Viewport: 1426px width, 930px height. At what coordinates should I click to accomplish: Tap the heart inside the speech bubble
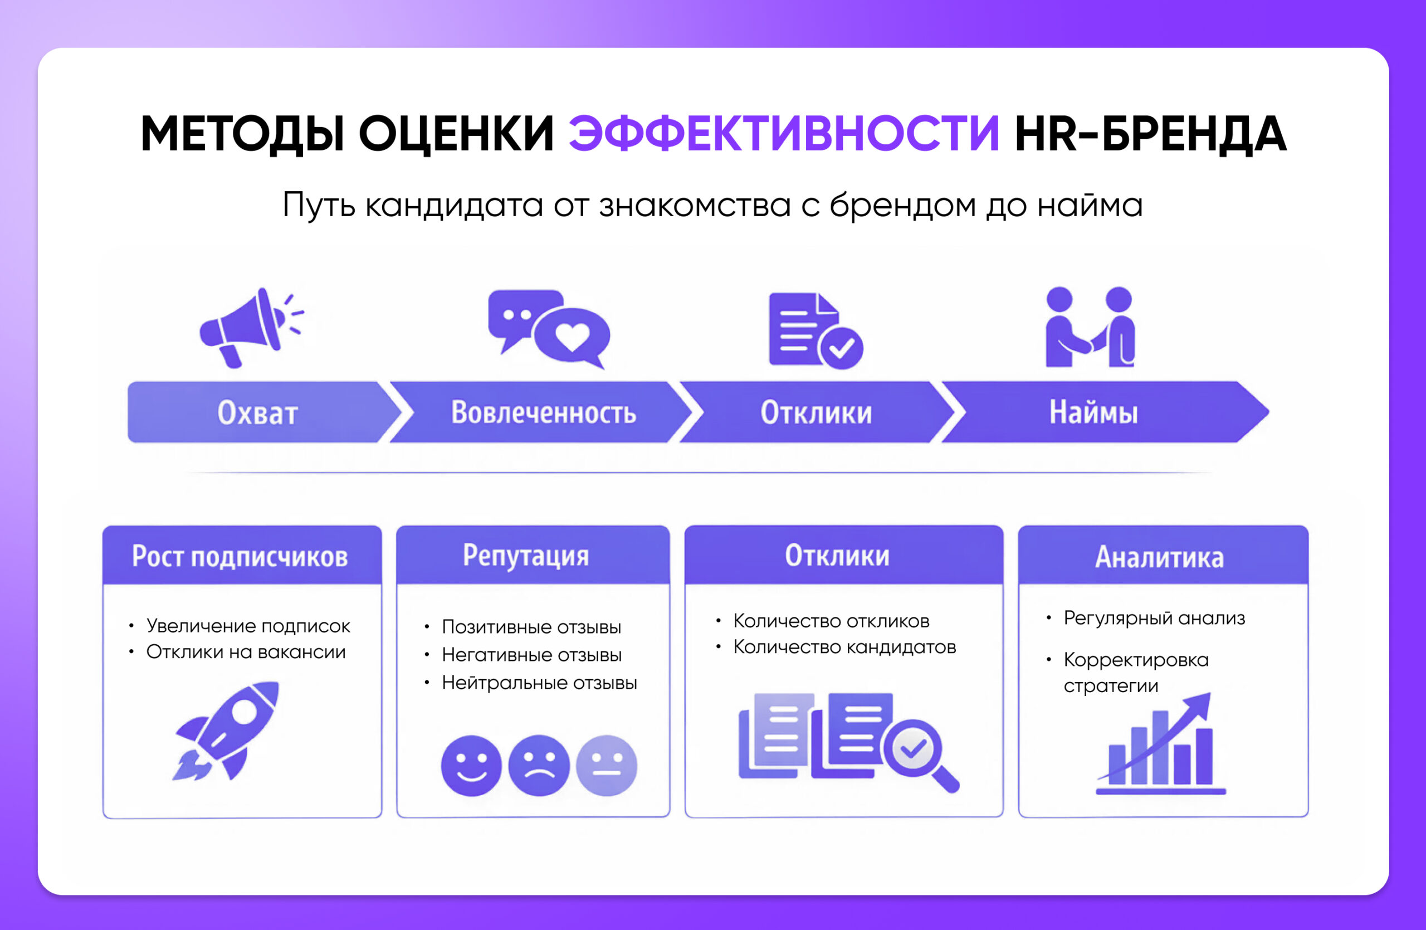tap(572, 336)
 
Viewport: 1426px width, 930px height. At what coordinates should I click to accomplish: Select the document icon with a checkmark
tap(815, 330)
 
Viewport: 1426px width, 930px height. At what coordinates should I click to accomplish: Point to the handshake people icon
tap(1091, 327)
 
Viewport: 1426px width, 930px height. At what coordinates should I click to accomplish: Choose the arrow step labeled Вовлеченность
tap(542, 412)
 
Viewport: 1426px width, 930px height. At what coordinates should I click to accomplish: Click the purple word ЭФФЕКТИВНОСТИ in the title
tap(784, 133)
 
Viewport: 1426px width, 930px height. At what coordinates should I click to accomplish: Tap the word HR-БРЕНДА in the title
tap(1150, 133)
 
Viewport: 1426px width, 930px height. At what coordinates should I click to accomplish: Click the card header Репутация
tap(533, 555)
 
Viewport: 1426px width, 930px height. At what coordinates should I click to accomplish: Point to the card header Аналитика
tap(1163, 556)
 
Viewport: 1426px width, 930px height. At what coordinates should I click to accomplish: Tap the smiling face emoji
tap(471, 765)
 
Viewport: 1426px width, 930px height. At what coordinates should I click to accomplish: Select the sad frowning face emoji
tap(539, 765)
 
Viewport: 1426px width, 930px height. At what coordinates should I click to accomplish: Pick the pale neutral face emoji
tap(607, 765)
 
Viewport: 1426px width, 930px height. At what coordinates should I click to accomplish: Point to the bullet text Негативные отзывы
tap(531, 655)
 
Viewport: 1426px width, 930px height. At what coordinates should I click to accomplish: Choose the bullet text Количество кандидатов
tap(844, 647)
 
